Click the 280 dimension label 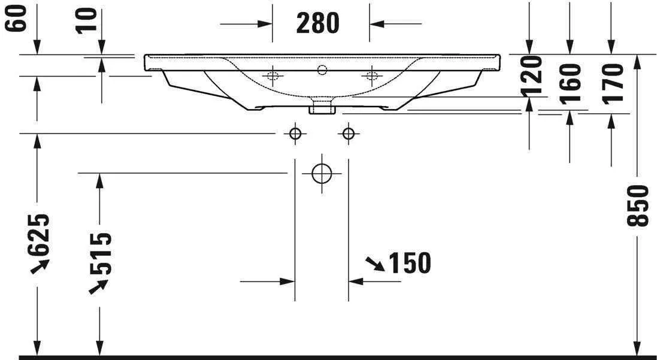tap(317, 23)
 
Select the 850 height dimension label tap(639, 205)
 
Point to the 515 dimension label tap(100, 253)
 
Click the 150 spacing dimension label tap(410, 263)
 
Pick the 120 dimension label tap(531, 76)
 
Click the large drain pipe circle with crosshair tap(322, 174)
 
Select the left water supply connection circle tap(295, 133)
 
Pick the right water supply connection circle tap(349, 133)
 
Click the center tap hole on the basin tap(322, 70)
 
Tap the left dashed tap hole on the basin tap(273, 75)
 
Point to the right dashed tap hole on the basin tap(371, 75)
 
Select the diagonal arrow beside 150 tap(375, 263)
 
